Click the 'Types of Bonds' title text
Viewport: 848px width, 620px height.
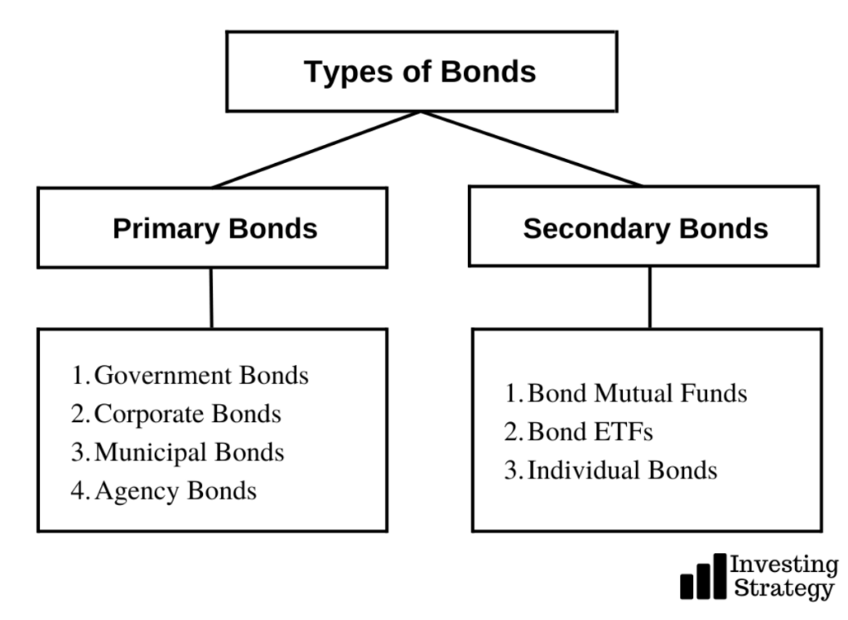click(x=420, y=72)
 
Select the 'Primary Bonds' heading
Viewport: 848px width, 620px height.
click(x=214, y=228)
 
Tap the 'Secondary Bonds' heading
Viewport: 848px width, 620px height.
click(x=645, y=228)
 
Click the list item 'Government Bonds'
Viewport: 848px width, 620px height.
click(x=201, y=375)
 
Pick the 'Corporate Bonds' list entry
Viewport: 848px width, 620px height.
click(x=188, y=414)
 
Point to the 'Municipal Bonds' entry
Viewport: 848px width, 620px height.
click(x=190, y=453)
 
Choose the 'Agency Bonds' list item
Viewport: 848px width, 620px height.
click(x=176, y=491)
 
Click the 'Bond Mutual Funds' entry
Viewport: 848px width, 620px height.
click(x=637, y=393)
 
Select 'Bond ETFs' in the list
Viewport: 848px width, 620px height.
click(x=590, y=431)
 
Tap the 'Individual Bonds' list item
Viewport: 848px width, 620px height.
click(x=623, y=469)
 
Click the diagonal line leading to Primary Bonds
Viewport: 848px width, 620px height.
click(x=316, y=150)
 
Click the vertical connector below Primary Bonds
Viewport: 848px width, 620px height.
click(x=211, y=298)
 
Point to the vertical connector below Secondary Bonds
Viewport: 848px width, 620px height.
click(x=649, y=297)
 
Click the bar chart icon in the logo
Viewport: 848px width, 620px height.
click(x=703, y=576)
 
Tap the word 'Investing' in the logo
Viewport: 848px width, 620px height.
click(x=784, y=565)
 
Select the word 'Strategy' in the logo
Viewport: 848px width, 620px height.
click(x=783, y=589)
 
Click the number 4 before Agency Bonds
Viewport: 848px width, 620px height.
click(x=79, y=490)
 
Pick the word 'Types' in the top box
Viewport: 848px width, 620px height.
click(x=349, y=73)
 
